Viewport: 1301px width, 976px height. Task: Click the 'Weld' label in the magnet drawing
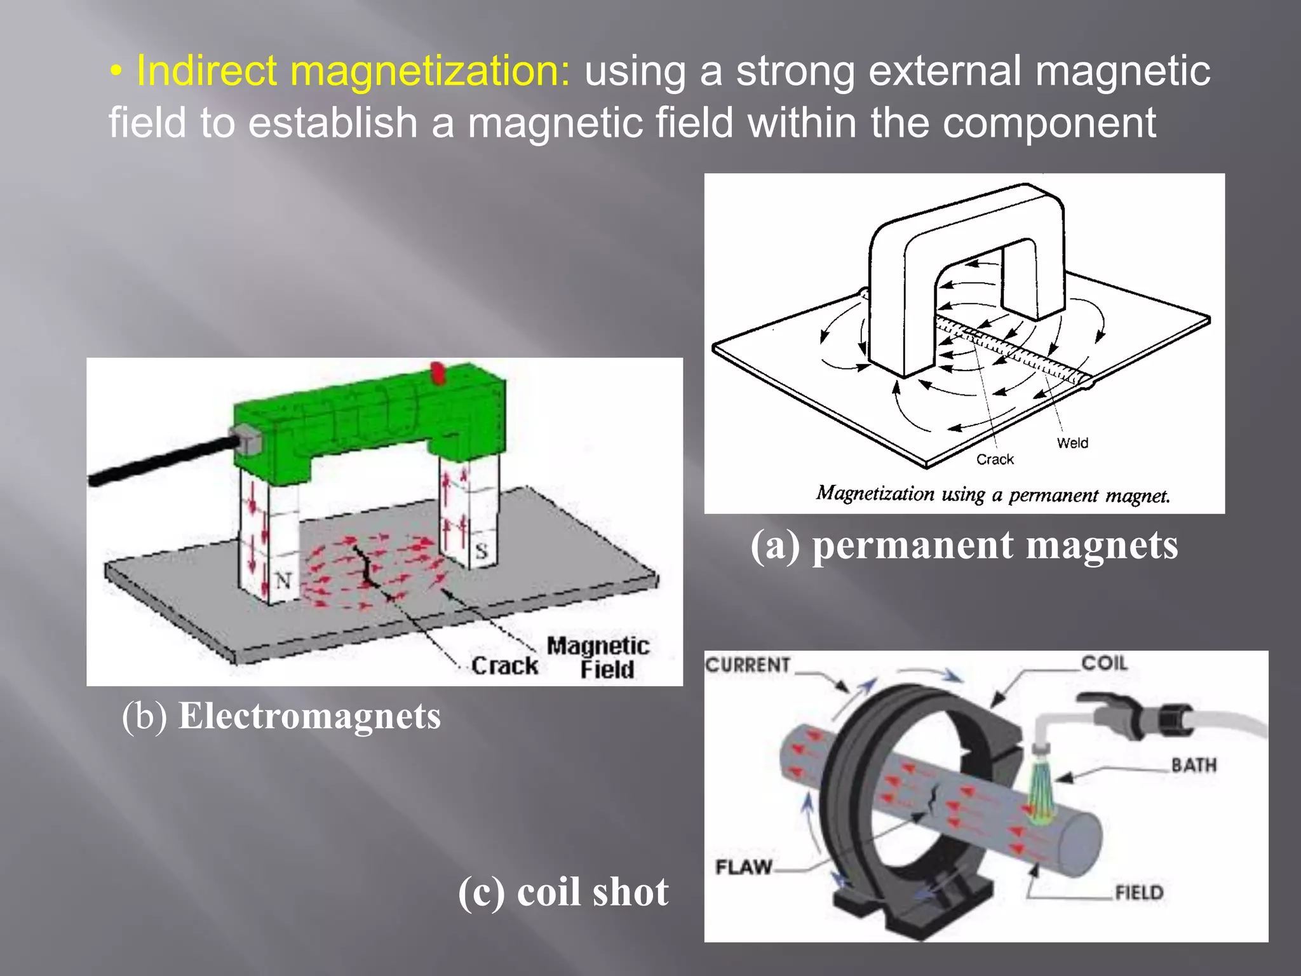(1072, 443)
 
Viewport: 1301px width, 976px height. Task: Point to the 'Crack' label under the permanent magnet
(995, 459)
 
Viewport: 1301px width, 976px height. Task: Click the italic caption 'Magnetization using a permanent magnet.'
(992, 494)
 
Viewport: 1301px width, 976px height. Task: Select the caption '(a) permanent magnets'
(964, 545)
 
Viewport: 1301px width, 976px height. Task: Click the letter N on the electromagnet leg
(283, 579)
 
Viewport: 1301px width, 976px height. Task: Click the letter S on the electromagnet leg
(481, 551)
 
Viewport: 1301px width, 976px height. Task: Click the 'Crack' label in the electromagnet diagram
(504, 666)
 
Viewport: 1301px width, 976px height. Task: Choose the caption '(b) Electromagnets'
(281, 717)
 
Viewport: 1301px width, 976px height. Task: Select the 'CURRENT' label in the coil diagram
(748, 665)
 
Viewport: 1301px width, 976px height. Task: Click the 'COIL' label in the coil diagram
(1104, 663)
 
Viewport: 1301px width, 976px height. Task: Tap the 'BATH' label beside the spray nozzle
(1194, 765)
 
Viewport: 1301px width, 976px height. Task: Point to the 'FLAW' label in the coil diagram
(743, 867)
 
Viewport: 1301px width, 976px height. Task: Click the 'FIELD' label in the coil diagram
(1139, 893)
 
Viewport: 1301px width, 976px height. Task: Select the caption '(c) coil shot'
(563, 892)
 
